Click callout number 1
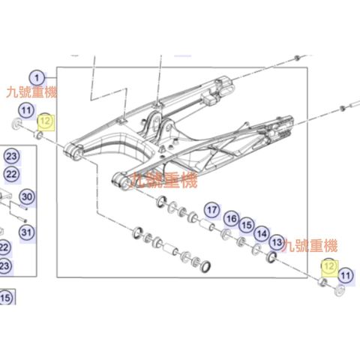pyautogui.click(x=37, y=78)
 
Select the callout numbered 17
pyautogui.click(x=212, y=210)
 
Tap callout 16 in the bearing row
pyautogui.click(x=231, y=219)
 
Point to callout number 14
pyautogui.click(x=262, y=234)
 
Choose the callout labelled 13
pyautogui.click(x=277, y=242)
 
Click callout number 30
pyautogui.click(x=27, y=197)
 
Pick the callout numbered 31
pyautogui.click(x=27, y=232)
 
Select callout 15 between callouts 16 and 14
pyautogui.click(x=247, y=225)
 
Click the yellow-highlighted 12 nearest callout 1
pyautogui.click(x=45, y=121)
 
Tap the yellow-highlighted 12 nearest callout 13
pyautogui.click(x=329, y=267)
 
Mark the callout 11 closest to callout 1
pyautogui.click(x=26, y=110)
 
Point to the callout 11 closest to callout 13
pyautogui.click(x=346, y=276)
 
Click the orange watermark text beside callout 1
pyautogui.click(x=31, y=92)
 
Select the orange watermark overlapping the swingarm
pyautogui.click(x=163, y=180)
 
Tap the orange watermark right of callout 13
pyautogui.click(x=310, y=246)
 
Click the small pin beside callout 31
pyautogui.click(x=23, y=220)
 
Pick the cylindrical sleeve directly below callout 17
pyautogui.click(x=205, y=223)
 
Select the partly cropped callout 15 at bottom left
pyautogui.click(x=5, y=298)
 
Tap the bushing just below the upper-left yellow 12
pyautogui.click(x=38, y=135)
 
